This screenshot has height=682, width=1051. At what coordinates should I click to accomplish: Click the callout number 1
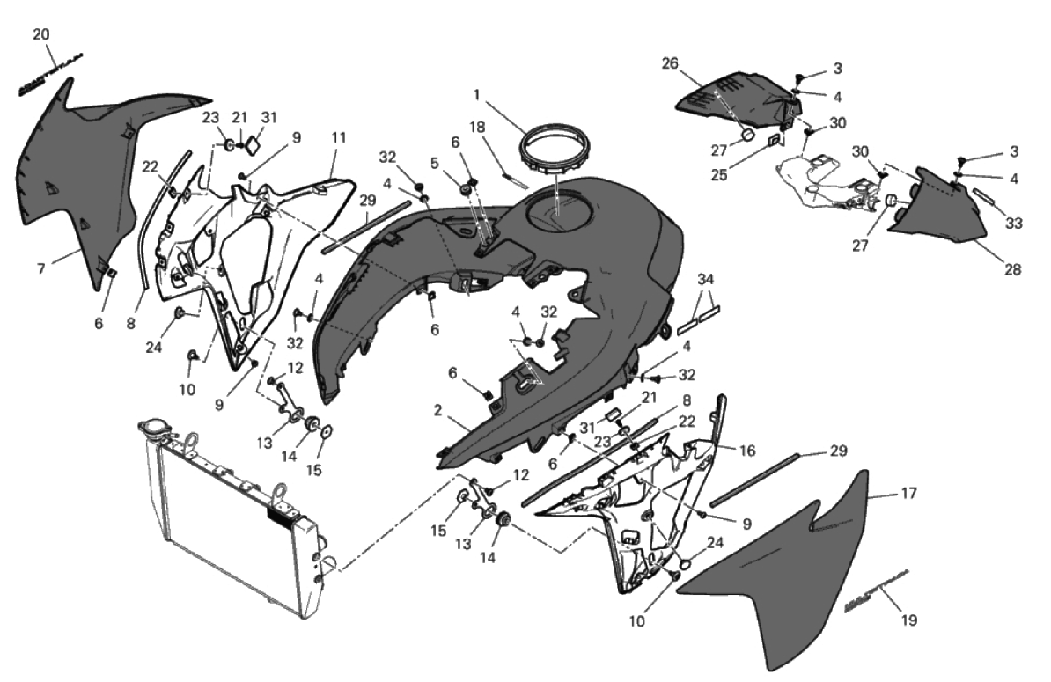pos(476,93)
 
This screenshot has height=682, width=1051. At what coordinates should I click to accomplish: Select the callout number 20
pos(41,34)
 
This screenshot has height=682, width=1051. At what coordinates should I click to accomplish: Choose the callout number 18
pos(477,128)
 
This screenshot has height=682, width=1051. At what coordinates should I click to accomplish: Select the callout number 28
pos(1012,269)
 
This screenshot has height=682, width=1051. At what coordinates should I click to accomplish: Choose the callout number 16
pos(746,450)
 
